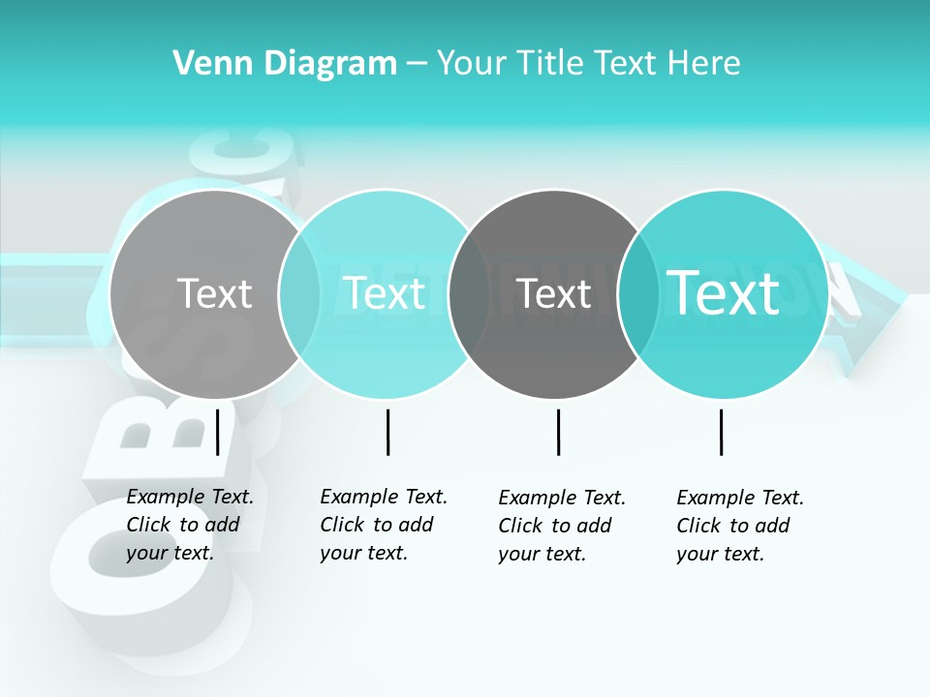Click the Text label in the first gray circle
214,293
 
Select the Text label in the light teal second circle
384,293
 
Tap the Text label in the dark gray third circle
554,293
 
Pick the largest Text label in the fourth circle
723,293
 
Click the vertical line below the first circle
218,432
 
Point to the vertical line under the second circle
387,432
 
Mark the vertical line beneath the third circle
558,432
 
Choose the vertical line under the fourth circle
721,432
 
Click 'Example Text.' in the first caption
190,498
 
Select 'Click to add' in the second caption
377,525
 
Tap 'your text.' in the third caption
542,554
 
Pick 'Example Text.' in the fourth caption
740,498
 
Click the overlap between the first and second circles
299,293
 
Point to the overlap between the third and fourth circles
637,293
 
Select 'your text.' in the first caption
170,554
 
